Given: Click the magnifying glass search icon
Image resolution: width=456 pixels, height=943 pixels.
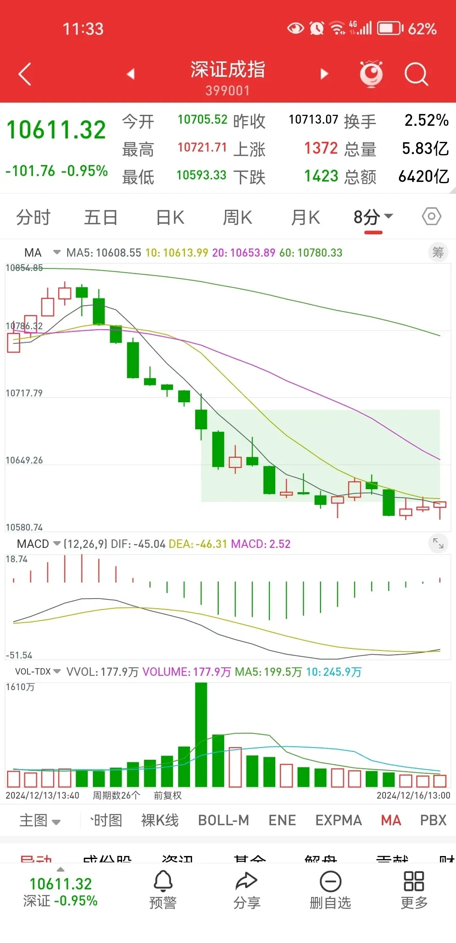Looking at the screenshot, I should (416, 74).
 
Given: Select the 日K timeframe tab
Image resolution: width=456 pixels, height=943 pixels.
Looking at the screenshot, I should (170, 218).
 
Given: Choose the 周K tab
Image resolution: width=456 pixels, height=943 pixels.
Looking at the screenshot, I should (237, 218).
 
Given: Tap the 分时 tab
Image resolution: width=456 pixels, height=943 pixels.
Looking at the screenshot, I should (33, 218).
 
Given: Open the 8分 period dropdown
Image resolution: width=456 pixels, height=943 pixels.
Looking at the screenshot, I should (373, 217).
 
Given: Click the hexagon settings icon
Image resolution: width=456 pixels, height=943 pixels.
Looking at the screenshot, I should (432, 217).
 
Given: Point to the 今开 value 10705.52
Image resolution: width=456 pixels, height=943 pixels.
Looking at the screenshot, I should (203, 120).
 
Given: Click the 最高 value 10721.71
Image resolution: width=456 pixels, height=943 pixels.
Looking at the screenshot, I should (202, 148).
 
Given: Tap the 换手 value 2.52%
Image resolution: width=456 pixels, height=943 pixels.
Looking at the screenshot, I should (426, 121).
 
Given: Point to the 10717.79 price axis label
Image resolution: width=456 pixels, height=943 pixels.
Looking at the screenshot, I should (24, 393).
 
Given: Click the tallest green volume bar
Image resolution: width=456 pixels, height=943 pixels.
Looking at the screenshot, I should (201, 734).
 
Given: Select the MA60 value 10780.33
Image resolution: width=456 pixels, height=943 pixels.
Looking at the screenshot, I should (320, 253).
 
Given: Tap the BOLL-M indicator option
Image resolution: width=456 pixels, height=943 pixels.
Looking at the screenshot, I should (223, 820).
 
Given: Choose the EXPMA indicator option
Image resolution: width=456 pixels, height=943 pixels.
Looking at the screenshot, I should (339, 820).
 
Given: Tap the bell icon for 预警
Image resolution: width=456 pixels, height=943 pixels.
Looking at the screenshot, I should (163, 881).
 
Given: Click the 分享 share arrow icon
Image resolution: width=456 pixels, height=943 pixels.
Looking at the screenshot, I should (247, 881).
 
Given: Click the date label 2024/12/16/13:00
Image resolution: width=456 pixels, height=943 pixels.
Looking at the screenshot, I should (413, 796).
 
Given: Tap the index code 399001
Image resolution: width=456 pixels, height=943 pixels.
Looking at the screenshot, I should (228, 91).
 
